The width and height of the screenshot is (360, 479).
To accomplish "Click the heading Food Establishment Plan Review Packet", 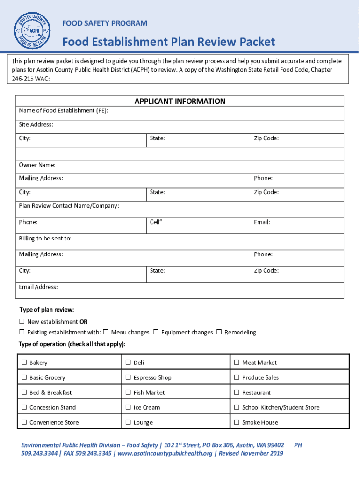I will pyautogui.click(x=169, y=42).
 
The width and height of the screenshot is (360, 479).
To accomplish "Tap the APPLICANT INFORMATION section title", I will pyautogui.click(x=180, y=102).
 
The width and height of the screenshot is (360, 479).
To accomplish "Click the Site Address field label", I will pyautogui.click(x=36, y=125).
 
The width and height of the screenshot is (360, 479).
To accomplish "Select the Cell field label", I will pyautogui.click(x=156, y=222).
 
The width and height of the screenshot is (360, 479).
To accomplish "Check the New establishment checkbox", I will pyautogui.click(x=22, y=322).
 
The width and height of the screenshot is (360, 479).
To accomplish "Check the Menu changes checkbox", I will pyautogui.click(x=106, y=332).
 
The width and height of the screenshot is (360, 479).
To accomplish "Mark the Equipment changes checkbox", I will pyautogui.click(x=156, y=332).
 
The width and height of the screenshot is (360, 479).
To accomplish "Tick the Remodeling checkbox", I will pyautogui.click(x=219, y=332).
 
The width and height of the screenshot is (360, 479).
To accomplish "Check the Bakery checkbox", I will pyautogui.click(x=24, y=363).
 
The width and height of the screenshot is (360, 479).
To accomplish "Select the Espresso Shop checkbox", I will pyautogui.click(x=128, y=377).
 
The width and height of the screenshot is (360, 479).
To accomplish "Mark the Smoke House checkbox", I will pyautogui.click(x=237, y=422).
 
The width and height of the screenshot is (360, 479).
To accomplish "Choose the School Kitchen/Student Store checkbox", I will pyautogui.click(x=237, y=407).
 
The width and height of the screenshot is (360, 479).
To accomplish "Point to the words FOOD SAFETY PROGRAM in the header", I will pyautogui.click(x=105, y=23).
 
